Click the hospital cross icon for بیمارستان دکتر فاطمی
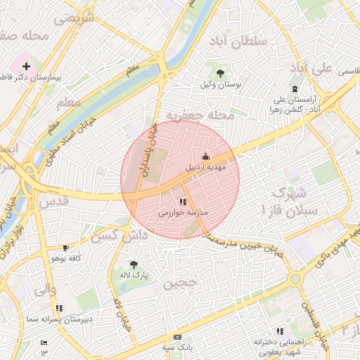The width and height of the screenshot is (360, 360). coord(27,66)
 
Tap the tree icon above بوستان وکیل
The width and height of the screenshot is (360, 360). coord(220,72)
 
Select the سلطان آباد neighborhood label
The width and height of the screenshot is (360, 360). coord(238,41)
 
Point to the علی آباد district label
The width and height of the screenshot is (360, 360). coord(310,68)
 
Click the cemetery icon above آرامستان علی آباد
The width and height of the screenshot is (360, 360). coord(294,89)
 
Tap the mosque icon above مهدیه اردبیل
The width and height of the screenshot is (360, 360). coord(205,156)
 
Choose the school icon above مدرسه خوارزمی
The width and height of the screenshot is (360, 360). coord(183,202)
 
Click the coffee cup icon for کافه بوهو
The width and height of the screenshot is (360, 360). coord(65,247)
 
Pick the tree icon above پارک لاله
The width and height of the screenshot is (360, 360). coord(134,264)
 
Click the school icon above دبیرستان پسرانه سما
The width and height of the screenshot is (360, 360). coord(59,307)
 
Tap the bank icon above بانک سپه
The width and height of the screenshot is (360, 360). coord(176,337)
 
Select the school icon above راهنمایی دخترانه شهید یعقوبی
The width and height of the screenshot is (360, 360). coord(280,330)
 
